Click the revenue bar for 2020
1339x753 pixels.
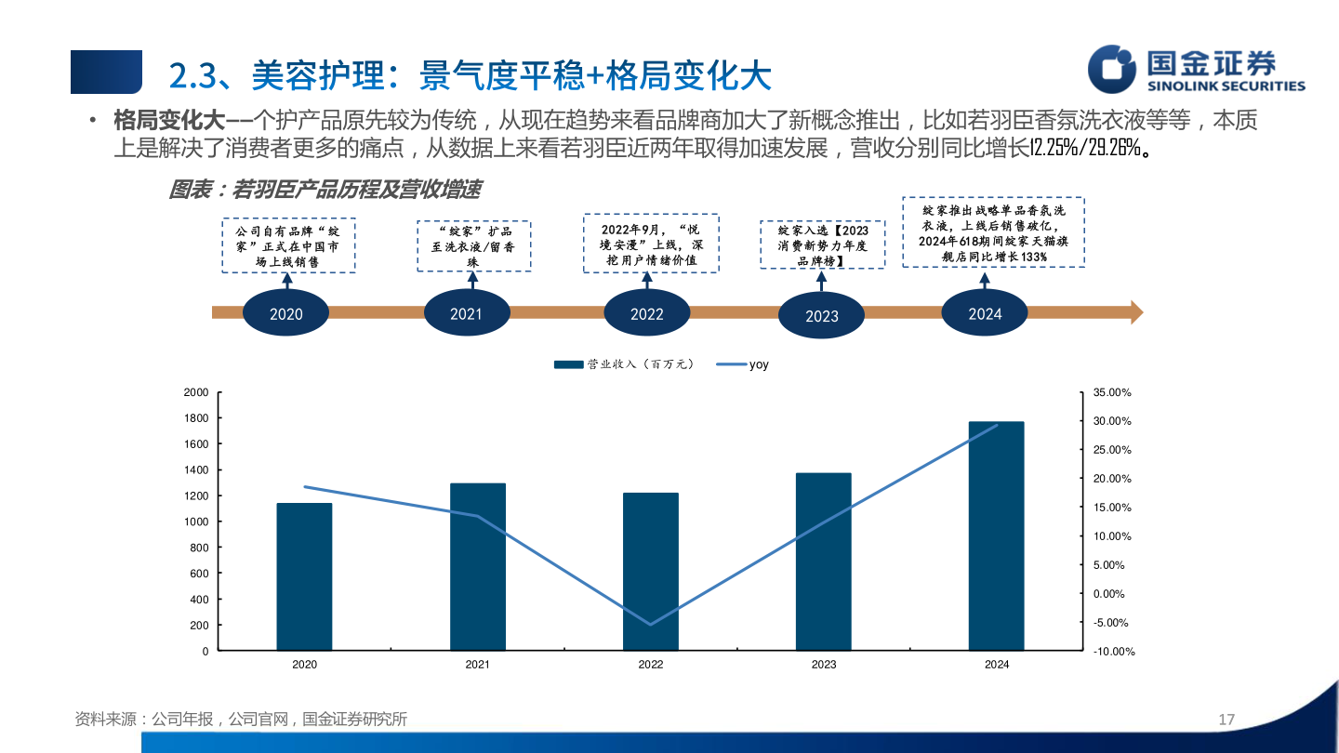point(304,576)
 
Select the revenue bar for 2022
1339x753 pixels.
point(651,571)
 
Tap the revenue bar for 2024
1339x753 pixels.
point(996,535)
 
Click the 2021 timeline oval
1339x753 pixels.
point(467,313)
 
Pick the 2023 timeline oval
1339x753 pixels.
point(822,315)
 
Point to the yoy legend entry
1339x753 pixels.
point(744,364)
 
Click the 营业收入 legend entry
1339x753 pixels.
point(624,364)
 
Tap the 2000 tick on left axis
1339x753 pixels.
point(195,392)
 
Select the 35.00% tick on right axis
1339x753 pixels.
point(1112,392)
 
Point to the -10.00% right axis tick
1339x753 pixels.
point(1114,652)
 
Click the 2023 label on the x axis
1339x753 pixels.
point(824,665)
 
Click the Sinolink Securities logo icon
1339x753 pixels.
point(1113,70)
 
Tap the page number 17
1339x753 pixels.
point(1226,720)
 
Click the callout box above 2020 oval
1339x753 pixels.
point(288,246)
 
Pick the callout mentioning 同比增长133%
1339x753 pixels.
point(994,232)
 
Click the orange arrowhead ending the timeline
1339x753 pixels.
point(1136,312)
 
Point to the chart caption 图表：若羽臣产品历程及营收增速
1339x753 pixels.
point(325,190)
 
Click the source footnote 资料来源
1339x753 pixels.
point(241,720)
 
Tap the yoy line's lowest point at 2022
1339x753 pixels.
point(651,625)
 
